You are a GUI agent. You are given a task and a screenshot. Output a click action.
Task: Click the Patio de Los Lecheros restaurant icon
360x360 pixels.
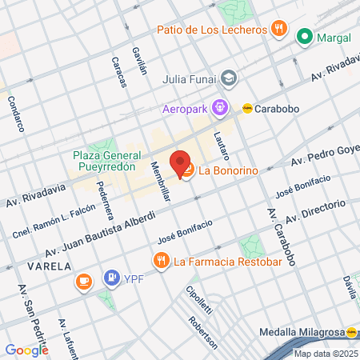pyautogui.click(x=279, y=30)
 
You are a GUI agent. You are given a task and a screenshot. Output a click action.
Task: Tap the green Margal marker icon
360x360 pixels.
pyautogui.click(x=304, y=37)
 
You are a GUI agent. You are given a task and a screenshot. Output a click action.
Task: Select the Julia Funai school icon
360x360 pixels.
pyautogui.click(x=230, y=78)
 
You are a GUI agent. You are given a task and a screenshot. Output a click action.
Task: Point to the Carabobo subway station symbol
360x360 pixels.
pyautogui.click(x=249, y=108)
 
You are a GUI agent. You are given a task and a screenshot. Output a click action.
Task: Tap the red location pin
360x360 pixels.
pyautogui.click(x=180, y=162)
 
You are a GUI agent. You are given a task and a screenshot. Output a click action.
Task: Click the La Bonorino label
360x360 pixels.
pyautogui.click(x=226, y=170)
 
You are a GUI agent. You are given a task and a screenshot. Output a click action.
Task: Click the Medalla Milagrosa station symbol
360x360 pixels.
pyautogui.click(x=352, y=332)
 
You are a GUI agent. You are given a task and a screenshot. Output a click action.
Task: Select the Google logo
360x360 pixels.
pyautogui.click(x=26, y=350)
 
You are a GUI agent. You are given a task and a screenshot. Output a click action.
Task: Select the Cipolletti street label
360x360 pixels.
pyautogui.click(x=197, y=301)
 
